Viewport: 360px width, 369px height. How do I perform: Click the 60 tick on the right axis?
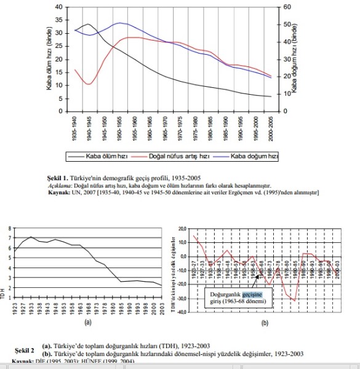286,7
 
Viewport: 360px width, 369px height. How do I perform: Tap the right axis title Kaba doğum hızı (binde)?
295,59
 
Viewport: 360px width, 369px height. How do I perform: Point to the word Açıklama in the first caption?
61,184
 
